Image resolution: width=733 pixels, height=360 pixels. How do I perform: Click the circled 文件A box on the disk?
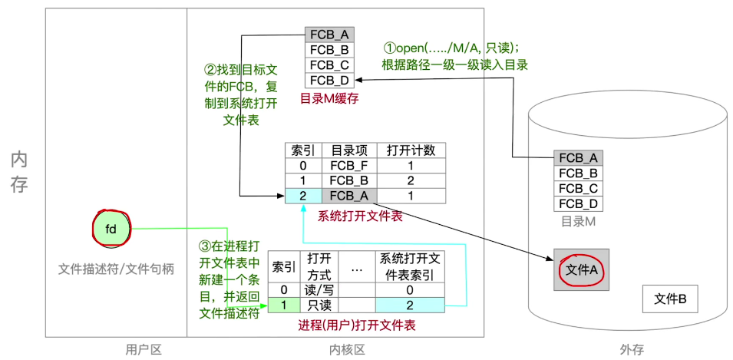[x=580, y=269]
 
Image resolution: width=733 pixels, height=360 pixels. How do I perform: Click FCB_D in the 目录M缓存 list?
[x=329, y=80]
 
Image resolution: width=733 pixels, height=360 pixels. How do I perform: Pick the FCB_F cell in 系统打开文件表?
[x=347, y=165]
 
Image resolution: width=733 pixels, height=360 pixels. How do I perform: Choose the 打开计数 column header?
[x=411, y=150]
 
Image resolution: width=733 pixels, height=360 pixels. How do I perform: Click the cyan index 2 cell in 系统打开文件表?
[x=302, y=196]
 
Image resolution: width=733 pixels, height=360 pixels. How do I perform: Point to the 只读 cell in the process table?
[x=318, y=305]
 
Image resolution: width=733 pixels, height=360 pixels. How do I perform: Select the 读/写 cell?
[x=318, y=289]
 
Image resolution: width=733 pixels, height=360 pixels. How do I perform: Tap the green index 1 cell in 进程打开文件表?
[x=283, y=305]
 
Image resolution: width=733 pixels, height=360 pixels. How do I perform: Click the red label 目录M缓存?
[x=329, y=98]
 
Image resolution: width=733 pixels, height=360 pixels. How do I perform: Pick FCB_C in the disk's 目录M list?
[x=577, y=188]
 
